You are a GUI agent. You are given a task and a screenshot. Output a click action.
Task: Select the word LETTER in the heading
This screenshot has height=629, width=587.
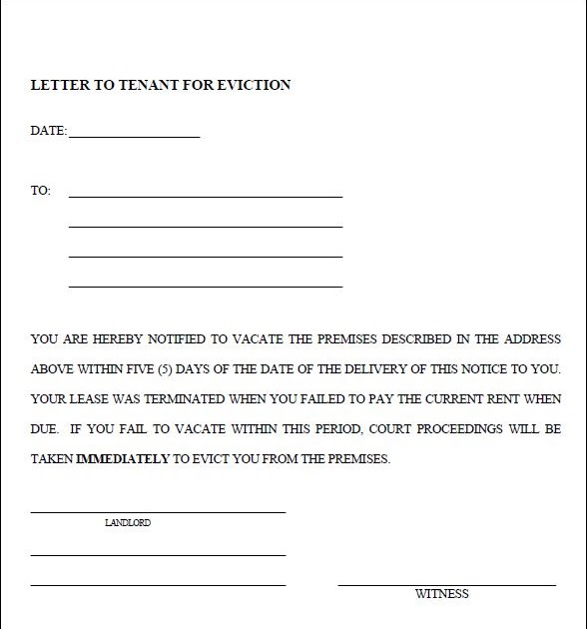point(58,85)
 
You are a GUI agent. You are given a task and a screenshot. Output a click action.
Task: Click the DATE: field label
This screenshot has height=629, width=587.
point(49,131)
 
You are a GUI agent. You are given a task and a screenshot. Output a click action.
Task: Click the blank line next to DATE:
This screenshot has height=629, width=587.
point(134,136)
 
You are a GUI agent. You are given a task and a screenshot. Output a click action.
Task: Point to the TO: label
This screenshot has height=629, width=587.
point(41,191)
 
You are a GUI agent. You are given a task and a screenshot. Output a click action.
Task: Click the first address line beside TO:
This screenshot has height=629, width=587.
point(205,197)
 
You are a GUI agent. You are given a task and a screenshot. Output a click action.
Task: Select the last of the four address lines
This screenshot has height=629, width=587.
point(205,287)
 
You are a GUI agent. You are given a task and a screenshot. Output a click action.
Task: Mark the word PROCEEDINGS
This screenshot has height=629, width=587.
point(464,429)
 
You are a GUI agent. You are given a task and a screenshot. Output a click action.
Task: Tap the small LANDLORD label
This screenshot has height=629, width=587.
point(128,522)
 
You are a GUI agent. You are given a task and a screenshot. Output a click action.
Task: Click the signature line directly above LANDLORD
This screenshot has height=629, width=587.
point(158,512)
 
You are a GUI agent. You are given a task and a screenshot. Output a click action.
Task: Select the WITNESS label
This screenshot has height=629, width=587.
point(441,594)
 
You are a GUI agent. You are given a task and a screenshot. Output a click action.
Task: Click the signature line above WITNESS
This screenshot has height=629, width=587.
point(446,584)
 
